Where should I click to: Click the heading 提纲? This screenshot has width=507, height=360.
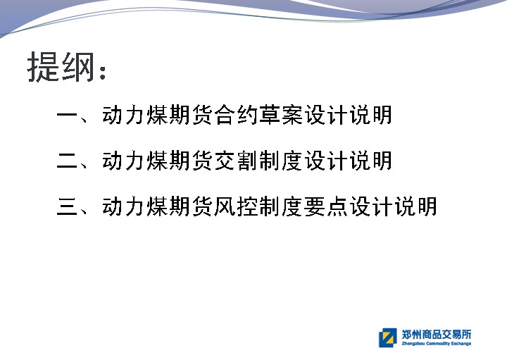(x=61, y=67)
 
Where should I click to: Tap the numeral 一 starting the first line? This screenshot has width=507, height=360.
(x=68, y=115)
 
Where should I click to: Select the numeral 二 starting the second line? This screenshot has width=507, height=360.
(x=68, y=161)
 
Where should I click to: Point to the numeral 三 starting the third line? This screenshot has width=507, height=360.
(x=68, y=206)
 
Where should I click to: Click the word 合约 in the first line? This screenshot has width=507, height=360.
(x=236, y=115)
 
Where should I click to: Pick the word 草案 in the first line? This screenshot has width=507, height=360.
(x=281, y=115)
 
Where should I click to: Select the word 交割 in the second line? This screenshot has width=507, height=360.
(x=236, y=161)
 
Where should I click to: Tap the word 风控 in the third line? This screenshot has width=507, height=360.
(x=236, y=206)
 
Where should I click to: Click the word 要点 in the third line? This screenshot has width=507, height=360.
(x=326, y=206)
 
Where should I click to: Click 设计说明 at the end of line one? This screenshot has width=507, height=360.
(x=349, y=115)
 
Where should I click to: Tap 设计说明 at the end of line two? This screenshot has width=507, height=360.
(x=349, y=161)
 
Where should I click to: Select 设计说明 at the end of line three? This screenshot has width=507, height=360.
(x=394, y=206)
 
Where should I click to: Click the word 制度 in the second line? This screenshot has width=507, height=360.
(x=281, y=161)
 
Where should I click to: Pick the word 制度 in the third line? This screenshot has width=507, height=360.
(x=281, y=206)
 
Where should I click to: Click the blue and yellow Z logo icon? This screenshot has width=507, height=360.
(x=388, y=337)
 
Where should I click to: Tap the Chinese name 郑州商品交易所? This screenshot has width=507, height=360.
(x=436, y=334)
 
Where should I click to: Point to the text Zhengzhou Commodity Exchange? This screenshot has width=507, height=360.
(x=436, y=344)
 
